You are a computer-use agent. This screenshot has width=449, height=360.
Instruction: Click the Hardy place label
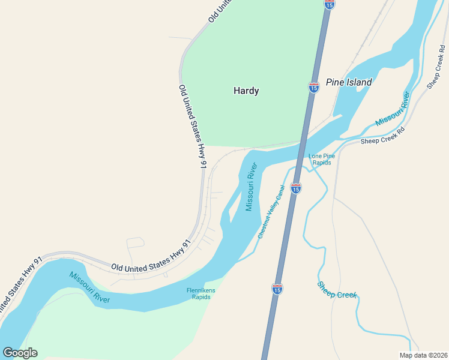tap(246, 91)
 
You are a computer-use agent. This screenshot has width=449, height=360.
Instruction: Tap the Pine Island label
tap(349, 82)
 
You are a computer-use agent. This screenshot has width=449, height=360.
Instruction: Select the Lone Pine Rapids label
tap(320, 160)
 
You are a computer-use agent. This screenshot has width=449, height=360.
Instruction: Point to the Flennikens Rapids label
tap(200, 293)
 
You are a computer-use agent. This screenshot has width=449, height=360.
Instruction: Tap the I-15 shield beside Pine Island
tap(314, 87)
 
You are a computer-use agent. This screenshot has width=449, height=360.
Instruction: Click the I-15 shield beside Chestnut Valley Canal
tap(295, 188)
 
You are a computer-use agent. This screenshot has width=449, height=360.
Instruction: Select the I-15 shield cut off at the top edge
tap(330, 4)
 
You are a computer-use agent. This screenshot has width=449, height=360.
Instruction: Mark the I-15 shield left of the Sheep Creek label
tap(277, 289)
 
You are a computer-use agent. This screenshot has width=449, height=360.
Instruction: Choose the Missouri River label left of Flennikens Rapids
tap(89, 287)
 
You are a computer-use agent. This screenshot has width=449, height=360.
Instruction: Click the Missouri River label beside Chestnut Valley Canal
tap(251, 187)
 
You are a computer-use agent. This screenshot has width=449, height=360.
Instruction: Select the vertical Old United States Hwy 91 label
tap(193, 125)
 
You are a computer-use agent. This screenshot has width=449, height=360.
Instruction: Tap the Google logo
tap(20, 353)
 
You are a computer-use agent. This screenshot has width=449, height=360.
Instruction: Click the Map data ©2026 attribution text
tap(423, 355)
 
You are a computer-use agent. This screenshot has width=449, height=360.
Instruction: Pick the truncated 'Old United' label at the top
tap(220, 11)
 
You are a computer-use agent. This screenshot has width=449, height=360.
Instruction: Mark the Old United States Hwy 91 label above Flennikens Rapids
tap(151, 257)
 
